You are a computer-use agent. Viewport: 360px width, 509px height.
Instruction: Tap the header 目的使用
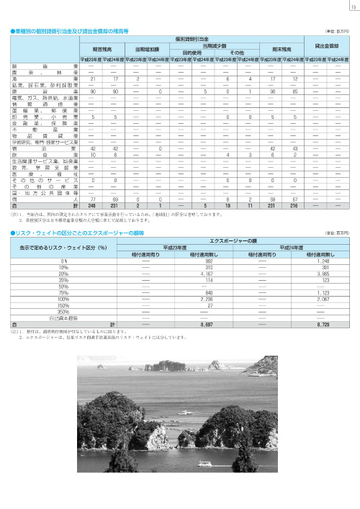click(191, 53)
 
